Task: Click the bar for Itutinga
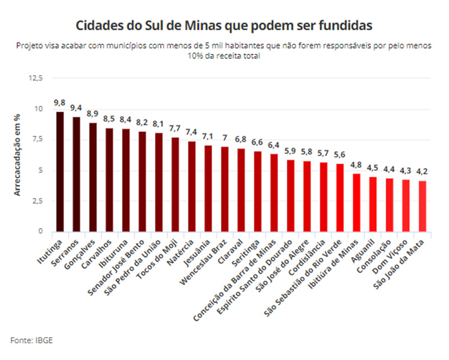point(60,172)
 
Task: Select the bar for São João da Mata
point(421,206)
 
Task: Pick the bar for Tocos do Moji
point(175,184)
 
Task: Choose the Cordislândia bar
point(323,197)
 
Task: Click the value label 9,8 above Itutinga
point(59,103)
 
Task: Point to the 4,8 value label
point(356,165)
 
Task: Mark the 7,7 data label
point(175,128)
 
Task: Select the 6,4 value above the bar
point(274,145)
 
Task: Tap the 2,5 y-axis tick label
point(37,201)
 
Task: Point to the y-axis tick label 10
point(38,109)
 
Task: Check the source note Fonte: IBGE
point(32,339)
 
